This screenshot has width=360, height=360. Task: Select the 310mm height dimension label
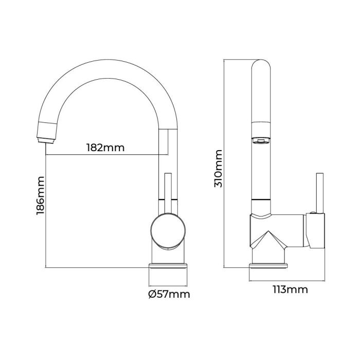point(218,168)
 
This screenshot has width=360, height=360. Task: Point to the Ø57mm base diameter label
point(168,294)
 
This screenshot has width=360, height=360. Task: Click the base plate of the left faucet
point(168,266)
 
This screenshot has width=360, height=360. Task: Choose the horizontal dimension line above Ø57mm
point(168,285)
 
